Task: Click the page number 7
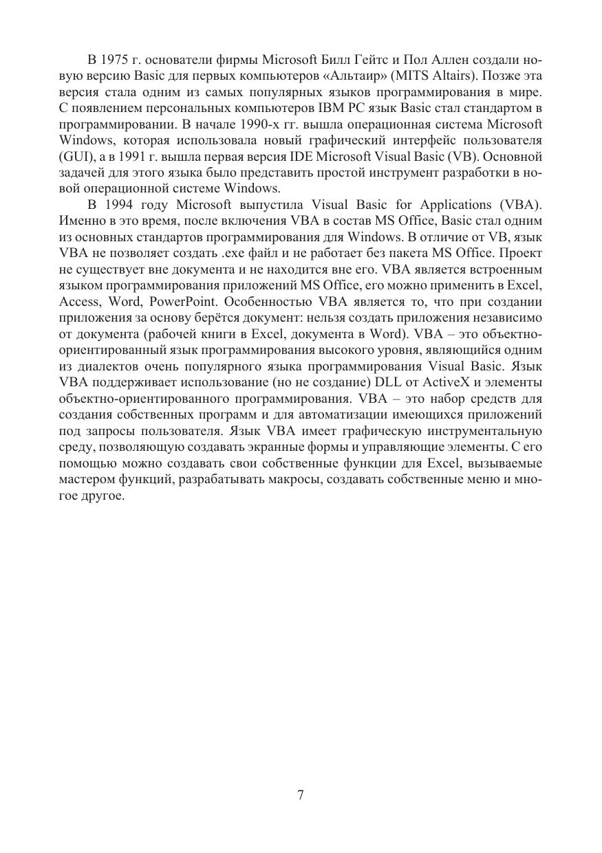[x=301, y=795]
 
